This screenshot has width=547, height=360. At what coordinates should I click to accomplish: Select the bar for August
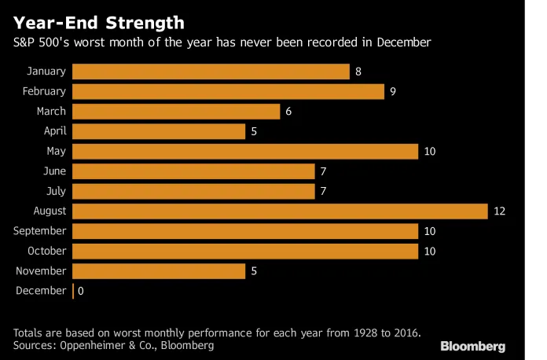click(x=280, y=211)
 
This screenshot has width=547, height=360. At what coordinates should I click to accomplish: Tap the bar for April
click(x=159, y=131)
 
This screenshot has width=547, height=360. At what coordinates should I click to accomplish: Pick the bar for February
click(x=228, y=91)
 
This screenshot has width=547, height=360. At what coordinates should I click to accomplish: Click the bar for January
click(x=211, y=72)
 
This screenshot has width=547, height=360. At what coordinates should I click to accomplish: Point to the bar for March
click(x=176, y=112)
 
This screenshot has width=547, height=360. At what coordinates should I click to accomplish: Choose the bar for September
click(x=245, y=231)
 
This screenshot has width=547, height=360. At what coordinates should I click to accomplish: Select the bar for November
click(x=159, y=271)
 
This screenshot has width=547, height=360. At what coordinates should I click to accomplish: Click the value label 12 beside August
click(x=498, y=211)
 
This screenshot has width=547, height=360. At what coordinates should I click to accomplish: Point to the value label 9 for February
click(x=393, y=91)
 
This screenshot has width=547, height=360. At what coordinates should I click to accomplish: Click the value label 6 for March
click(x=288, y=112)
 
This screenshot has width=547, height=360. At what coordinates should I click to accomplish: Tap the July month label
click(x=56, y=191)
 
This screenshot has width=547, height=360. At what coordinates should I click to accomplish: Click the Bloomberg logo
click(x=472, y=346)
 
